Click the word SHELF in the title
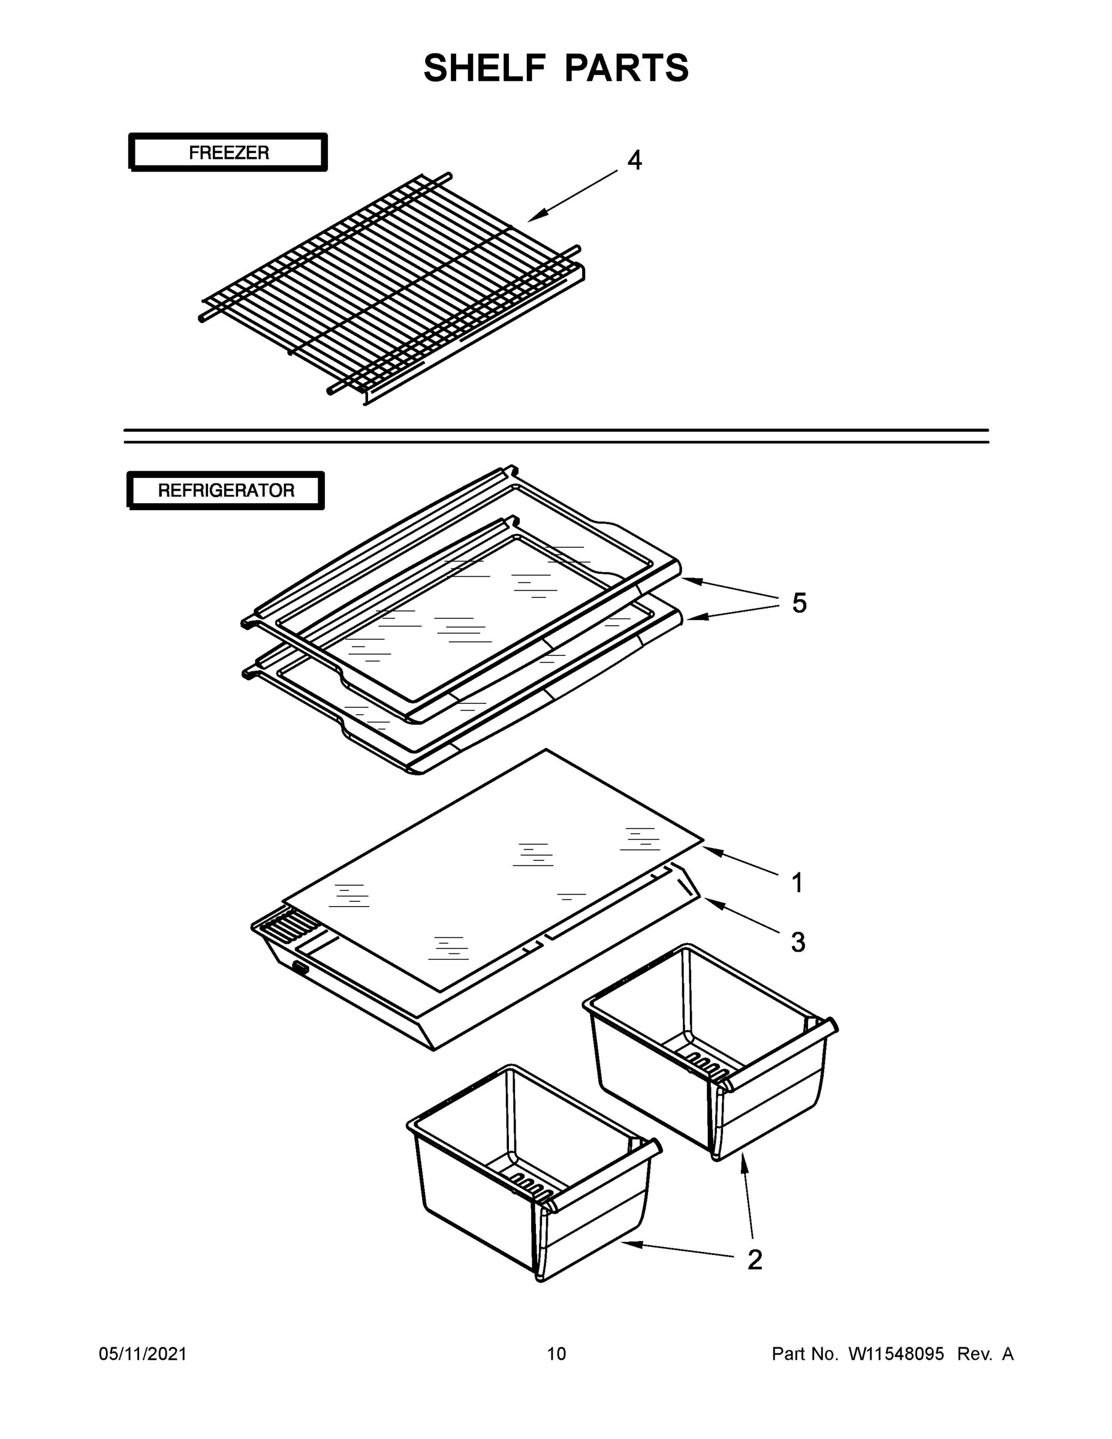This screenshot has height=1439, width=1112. [x=485, y=68]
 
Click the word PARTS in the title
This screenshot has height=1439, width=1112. [x=626, y=68]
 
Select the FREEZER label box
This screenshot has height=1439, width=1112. [x=228, y=153]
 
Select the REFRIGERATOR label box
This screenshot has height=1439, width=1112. [x=226, y=490]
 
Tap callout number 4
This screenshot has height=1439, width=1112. [x=634, y=160]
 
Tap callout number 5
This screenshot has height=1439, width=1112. [x=798, y=603]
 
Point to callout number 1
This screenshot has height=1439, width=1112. [x=797, y=883]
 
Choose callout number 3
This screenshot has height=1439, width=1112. [x=798, y=942]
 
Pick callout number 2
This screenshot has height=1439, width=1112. [x=755, y=1260]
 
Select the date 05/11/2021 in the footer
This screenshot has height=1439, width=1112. [x=143, y=1353]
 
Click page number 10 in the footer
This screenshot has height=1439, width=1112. [x=556, y=1353]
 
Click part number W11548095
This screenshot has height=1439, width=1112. [x=896, y=1353]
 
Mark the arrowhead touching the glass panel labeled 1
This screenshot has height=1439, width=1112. [x=710, y=850]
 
